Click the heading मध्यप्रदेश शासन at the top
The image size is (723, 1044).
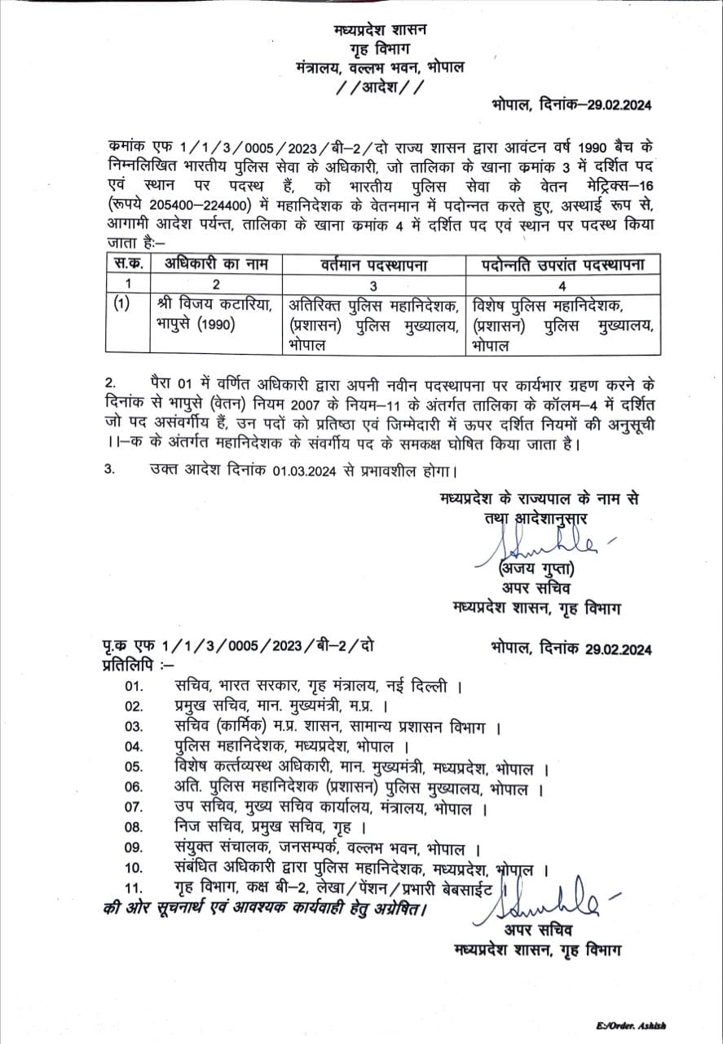pyautogui.click(x=379, y=29)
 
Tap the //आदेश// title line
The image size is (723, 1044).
pyautogui.click(x=379, y=86)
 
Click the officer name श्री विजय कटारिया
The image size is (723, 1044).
pyautogui.click(x=214, y=305)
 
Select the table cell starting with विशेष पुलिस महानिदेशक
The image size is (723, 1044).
pyautogui.click(x=562, y=325)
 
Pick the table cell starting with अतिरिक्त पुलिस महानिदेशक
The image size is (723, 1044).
pyautogui.click(x=374, y=325)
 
